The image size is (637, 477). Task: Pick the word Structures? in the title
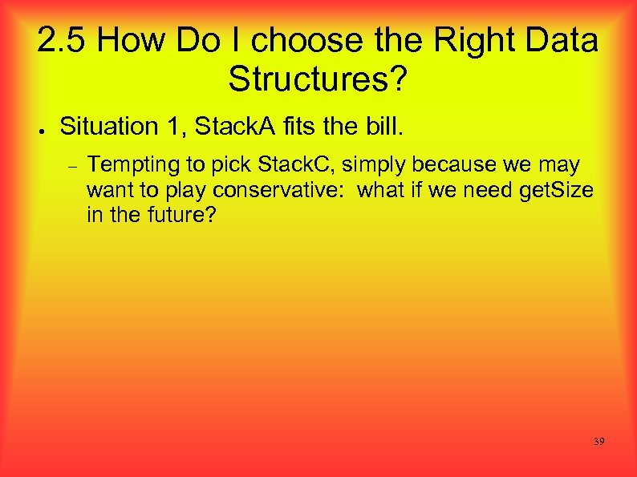click(x=318, y=79)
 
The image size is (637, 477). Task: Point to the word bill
click(x=387, y=126)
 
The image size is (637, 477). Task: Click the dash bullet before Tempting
click(x=71, y=167)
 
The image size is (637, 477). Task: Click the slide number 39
click(x=598, y=442)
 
